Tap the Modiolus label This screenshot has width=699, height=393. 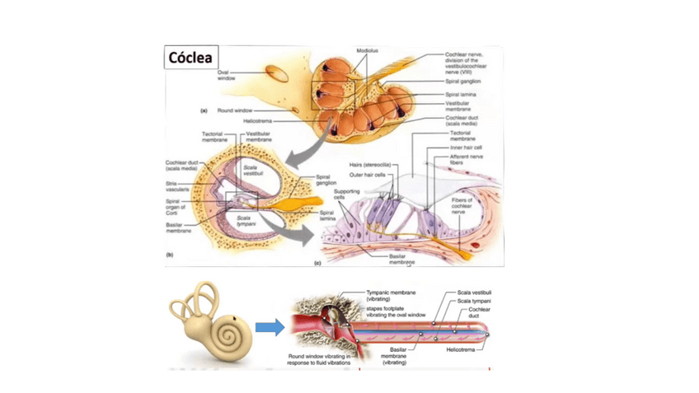pyautogui.click(x=367, y=51)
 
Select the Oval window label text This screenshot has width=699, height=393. pyautogui.click(x=227, y=75)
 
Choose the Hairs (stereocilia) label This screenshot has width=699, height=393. pyautogui.click(x=369, y=166)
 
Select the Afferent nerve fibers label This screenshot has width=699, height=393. pyautogui.click(x=466, y=160)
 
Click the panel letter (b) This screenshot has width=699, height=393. pyautogui.click(x=170, y=255)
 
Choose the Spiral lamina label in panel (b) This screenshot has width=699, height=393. pyautogui.click(x=326, y=215)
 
